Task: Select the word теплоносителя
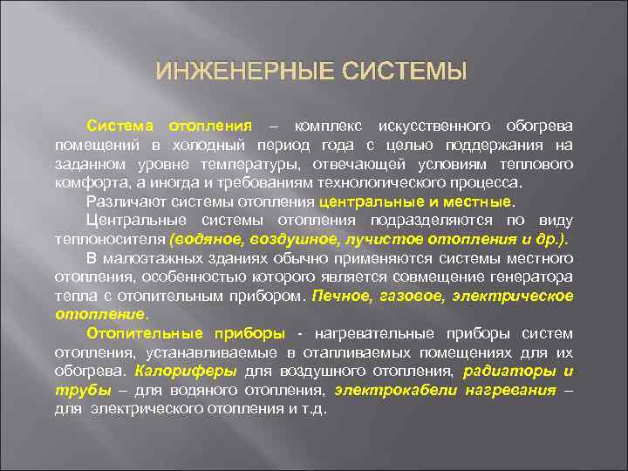tap(111, 239)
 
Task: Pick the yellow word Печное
tap(345, 296)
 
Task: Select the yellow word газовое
tap(414, 296)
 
